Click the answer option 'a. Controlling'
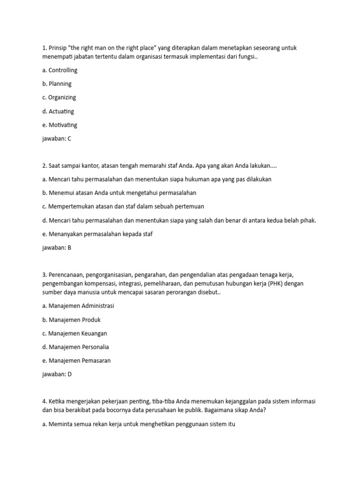[60, 70]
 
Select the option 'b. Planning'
[57, 84]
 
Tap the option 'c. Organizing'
[59, 97]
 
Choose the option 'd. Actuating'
[58, 112]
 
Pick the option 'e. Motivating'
[60, 125]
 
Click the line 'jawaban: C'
[56, 139]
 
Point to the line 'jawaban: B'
[56, 248]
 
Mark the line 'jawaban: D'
[56, 374]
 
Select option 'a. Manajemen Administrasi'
[78, 306]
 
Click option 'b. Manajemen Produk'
[71, 320]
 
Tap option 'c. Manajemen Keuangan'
[75, 333]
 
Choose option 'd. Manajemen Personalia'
[75, 347]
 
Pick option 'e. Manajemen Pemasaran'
[76, 360]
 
